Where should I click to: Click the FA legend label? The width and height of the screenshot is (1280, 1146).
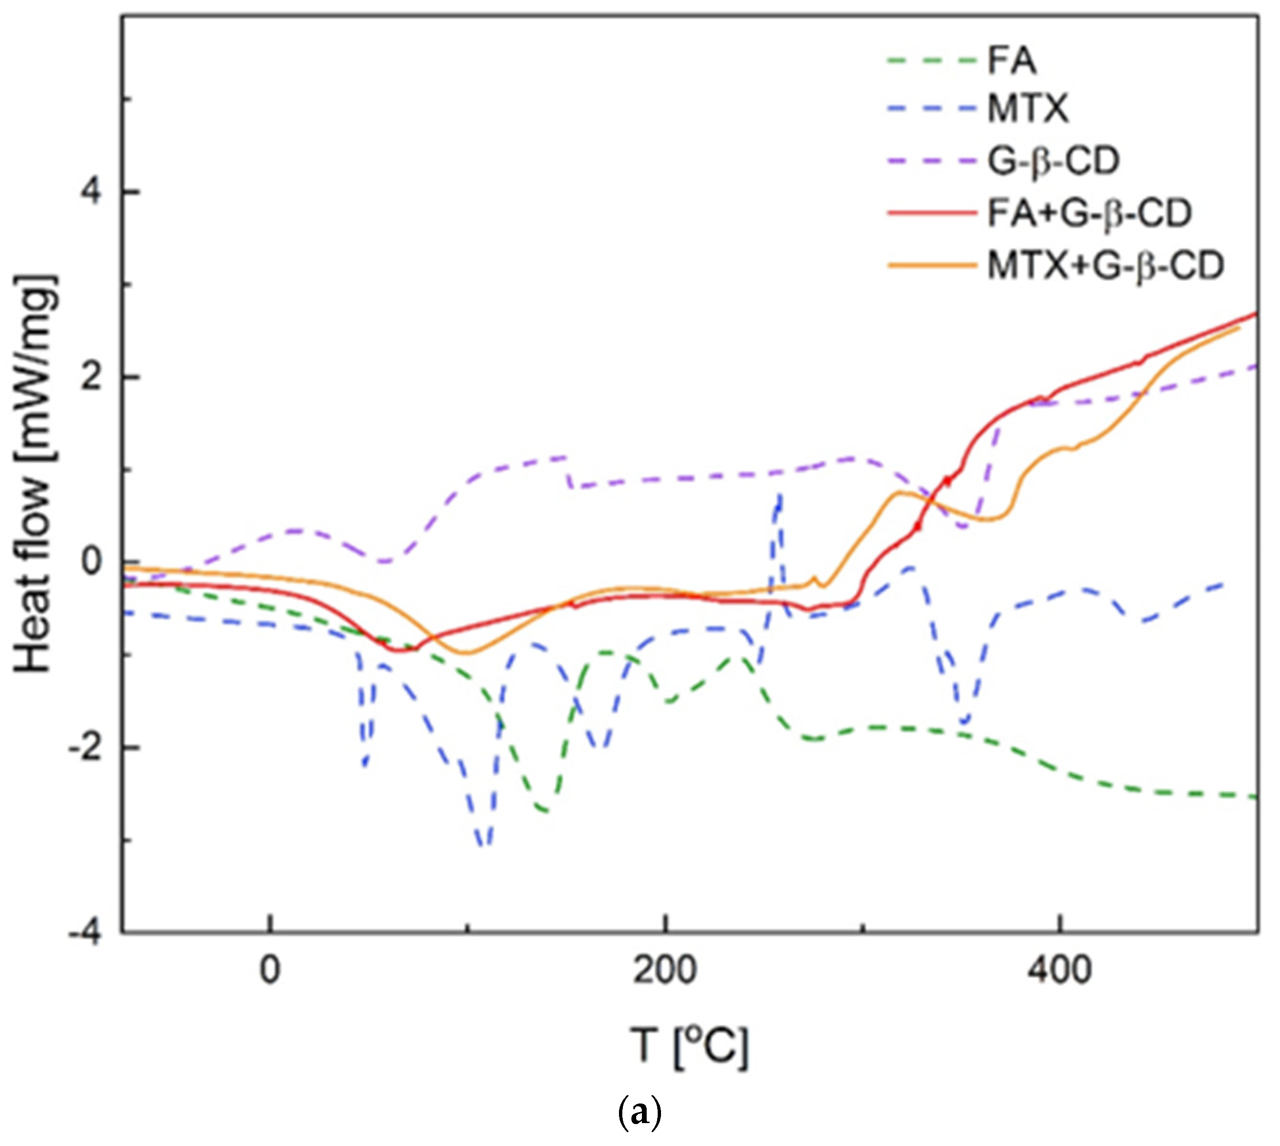[x=1012, y=61]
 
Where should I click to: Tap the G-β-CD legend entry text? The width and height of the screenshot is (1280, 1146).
[x=1053, y=162]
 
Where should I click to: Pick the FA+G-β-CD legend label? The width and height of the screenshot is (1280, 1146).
[x=1089, y=213]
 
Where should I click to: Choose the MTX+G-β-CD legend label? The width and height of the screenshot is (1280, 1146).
[x=1106, y=265]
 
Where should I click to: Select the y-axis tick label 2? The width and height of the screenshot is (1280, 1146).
[x=91, y=378]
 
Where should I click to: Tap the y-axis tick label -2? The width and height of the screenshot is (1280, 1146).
[x=85, y=749]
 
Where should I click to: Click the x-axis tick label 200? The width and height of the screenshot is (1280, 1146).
[x=664, y=972]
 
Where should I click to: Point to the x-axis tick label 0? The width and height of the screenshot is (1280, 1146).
[x=269, y=972]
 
